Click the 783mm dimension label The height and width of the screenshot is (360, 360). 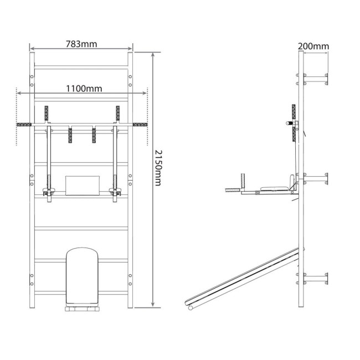click(x=81, y=44)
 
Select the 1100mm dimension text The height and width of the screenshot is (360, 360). click(x=84, y=89)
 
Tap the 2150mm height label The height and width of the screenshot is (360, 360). click(x=158, y=168)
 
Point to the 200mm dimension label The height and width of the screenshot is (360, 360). click(x=313, y=46)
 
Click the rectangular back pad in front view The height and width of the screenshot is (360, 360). click(x=83, y=186)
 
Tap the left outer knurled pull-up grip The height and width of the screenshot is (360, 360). click(x=24, y=125)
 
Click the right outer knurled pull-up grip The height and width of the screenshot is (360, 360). click(x=140, y=125)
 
